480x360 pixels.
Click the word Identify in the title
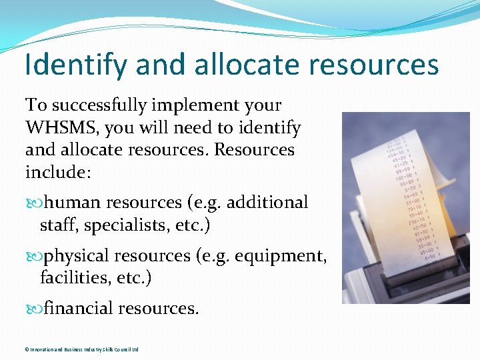(x=75, y=65)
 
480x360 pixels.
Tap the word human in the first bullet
(x=73, y=202)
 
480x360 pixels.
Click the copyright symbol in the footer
(x=27, y=349)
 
